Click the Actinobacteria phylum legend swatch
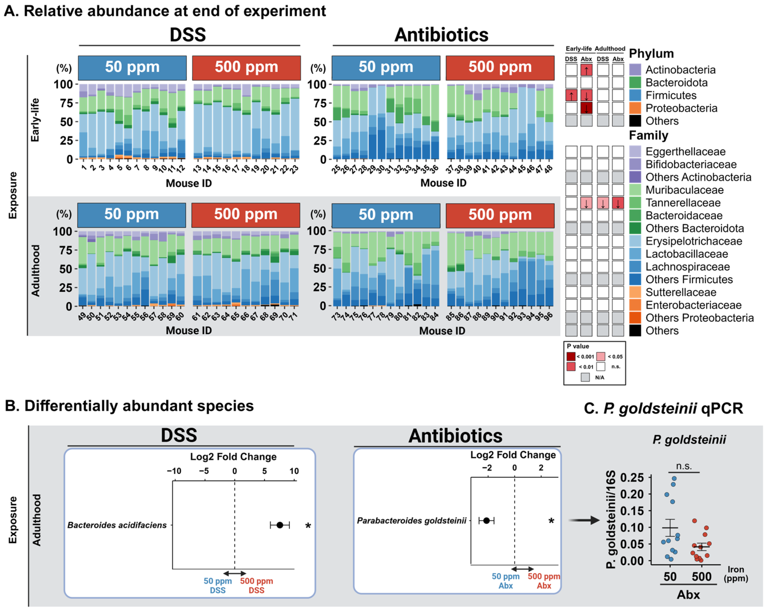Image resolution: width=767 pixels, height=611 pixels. point(635,70)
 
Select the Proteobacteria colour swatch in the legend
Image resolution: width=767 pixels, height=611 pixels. point(635,108)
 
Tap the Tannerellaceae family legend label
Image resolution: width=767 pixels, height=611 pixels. point(683,203)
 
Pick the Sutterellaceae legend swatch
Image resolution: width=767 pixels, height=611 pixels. point(635,292)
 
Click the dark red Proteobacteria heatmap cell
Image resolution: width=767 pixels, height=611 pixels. point(586,108)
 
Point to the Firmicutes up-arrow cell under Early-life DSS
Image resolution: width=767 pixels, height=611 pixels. point(571,95)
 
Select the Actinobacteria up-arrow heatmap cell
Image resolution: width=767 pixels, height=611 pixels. point(586,70)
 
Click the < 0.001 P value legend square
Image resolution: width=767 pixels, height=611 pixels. point(571,356)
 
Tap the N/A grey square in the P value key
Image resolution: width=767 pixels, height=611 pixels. point(585,377)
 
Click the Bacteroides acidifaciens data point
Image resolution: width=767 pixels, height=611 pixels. point(280,525)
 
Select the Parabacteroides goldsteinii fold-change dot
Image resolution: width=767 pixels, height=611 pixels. point(486,520)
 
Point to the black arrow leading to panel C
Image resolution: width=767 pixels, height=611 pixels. point(584,520)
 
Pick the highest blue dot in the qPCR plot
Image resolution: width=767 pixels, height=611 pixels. point(674,478)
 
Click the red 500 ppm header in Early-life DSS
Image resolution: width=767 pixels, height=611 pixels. point(246,68)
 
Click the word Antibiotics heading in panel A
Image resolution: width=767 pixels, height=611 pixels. point(442,35)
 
